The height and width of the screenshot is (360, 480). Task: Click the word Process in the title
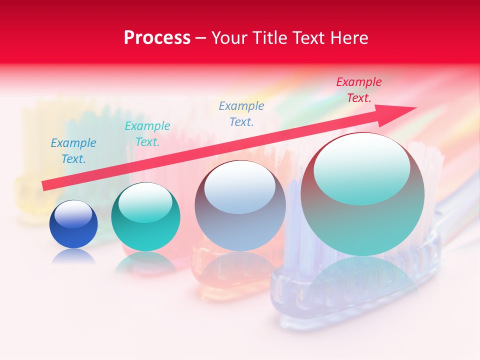pos(157,38)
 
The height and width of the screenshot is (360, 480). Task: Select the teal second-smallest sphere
pos(145,217)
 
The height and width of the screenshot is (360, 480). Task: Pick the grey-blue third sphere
pos(240,206)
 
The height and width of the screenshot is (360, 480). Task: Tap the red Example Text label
pos(358,90)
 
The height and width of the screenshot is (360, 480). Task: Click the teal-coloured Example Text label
pos(147,134)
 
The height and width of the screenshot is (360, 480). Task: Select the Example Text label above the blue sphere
pos(73,151)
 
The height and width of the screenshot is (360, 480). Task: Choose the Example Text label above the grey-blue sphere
pos(241,113)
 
